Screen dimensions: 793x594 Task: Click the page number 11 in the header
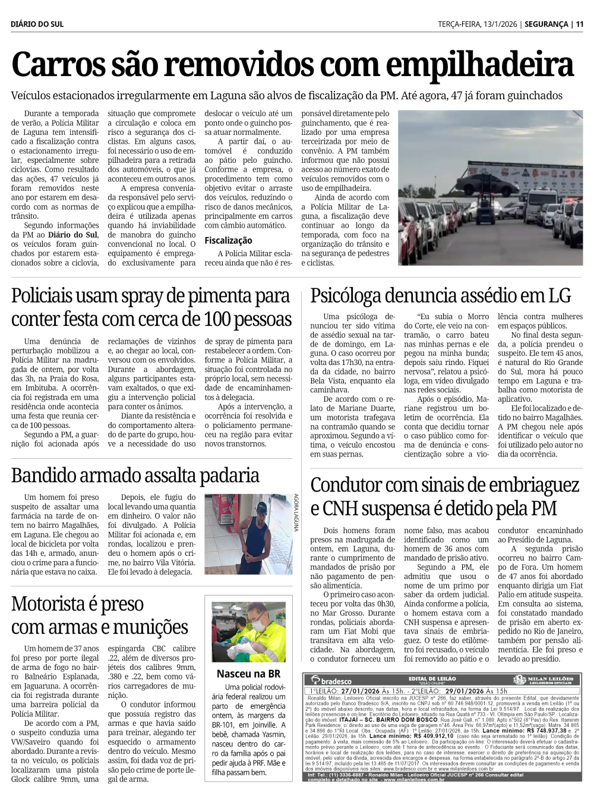[580, 24]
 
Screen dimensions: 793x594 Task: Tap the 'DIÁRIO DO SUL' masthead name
[37, 24]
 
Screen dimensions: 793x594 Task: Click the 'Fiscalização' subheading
[228, 240]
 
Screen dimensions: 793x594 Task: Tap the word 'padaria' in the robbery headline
[225, 476]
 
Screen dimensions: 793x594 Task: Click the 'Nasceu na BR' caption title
[248, 674]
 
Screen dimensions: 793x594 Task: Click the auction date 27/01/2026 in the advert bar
[361, 691]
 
